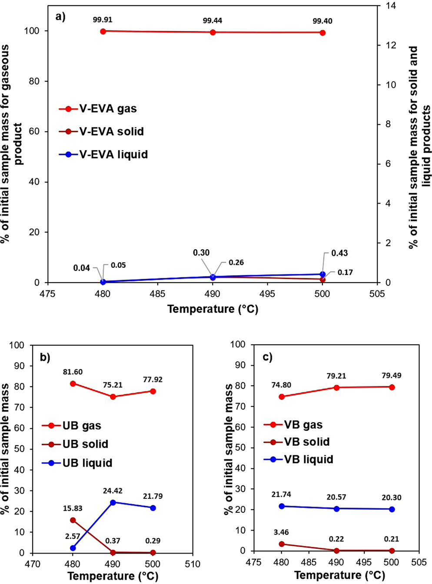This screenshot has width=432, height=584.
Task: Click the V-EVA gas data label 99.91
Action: pyautogui.click(x=103, y=20)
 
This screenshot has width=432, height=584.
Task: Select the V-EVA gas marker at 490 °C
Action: pyautogui.click(x=213, y=32)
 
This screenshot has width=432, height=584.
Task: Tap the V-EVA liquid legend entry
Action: pyautogui.click(x=103, y=154)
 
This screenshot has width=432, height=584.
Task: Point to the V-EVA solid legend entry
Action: pyautogui.click(x=101, y=131)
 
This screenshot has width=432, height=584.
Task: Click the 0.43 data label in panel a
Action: pyautogui.click(x=339, y=253)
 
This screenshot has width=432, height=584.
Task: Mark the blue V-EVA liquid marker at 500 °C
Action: pyautogui.click(x=322, y=274)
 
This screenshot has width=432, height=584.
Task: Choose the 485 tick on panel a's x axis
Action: pyautogui.click(x=157, y=294)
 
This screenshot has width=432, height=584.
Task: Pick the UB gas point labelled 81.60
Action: pyautogui.click(x=73, y=384)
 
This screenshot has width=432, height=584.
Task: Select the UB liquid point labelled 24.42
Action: pyautogui.click(x=113, y=502)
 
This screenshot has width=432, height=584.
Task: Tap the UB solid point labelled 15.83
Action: pyautogui.click(x=73, y=520)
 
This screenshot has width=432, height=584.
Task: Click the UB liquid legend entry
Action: pyautogui.click(x=77, y=463)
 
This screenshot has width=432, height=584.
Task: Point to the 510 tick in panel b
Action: pyautogui.click(x=193, y=564)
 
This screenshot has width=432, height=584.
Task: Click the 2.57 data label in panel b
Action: pyautogui.click(x=72, y=536)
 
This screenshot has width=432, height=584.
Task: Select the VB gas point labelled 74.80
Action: pyautogui.click(x=282, y=397)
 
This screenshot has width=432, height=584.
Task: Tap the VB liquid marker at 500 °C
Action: pyautogui.click(x=392, y=509)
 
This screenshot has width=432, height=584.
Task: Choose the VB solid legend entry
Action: pyautogui.click(x=297, y=442)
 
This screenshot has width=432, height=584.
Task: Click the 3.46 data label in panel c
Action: pyautogui.click(x=281, y=532)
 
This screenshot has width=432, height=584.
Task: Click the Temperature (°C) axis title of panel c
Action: pyautogui.click(x=339, y=575)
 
